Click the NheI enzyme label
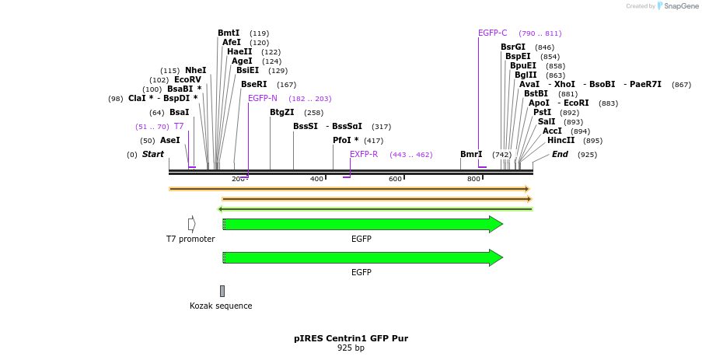click(195, 71)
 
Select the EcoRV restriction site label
click(187, 80)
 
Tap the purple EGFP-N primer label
click(263, 99)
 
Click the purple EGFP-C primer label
click(492, 33)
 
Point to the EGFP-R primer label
click(364, 155)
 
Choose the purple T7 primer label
click(179, 127)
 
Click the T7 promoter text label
click(190, 239)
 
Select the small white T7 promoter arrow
click(191, 224)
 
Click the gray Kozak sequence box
click(222, 291)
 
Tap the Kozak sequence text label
click(221, 306)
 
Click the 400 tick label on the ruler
click(316, 180)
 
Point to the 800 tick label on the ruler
click(473, 180)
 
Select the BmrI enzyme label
click(471, 155)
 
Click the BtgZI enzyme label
click(282, 113)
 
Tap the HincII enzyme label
click(561, 141)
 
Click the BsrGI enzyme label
click(513, 47)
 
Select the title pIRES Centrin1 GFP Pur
click(351, 338)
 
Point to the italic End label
click(560, 155)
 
